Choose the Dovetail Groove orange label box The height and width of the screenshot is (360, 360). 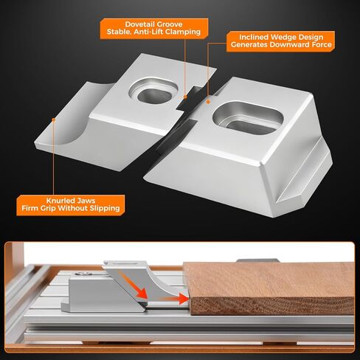coord(154,28)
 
